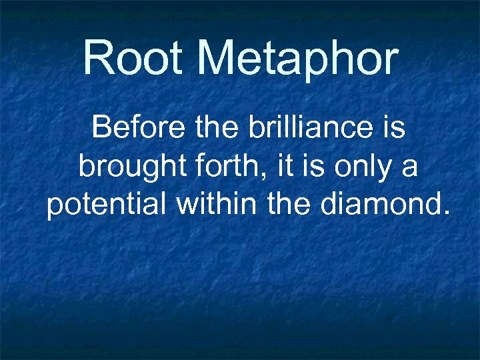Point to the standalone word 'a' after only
click(409, 167)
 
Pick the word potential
click(107, 205)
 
